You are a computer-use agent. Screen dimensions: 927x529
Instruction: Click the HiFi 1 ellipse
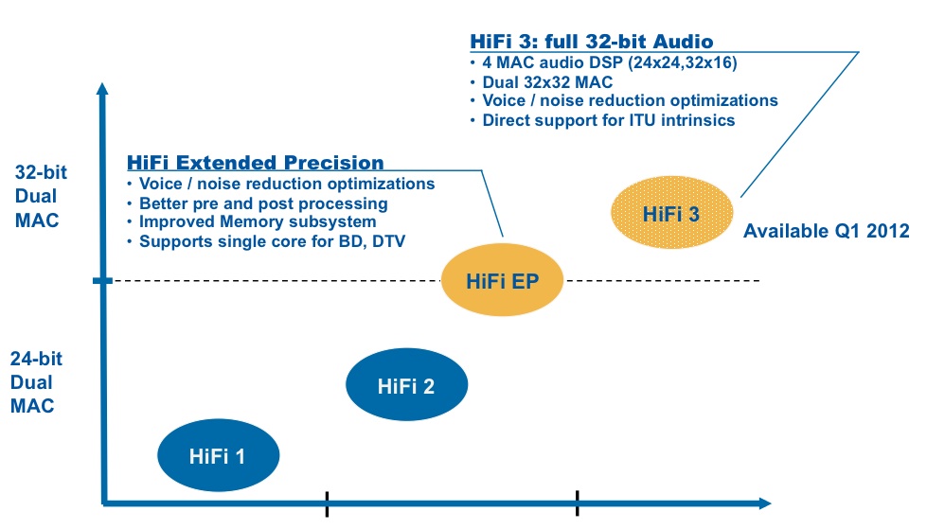click(x=218, y=455)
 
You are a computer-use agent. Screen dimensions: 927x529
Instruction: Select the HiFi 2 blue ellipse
click(x=407, y=384)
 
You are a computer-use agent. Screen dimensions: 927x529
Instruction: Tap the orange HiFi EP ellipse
click(x=502, y=279)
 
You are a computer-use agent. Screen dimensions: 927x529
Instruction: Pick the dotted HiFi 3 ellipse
click(x=671, y=212)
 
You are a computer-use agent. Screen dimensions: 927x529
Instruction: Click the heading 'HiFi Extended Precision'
click(x=256, y=162)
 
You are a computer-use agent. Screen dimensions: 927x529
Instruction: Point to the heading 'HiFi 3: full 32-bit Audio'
click(x=591, y=42)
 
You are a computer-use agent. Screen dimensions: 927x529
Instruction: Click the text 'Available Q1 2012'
click(x=826, y=231)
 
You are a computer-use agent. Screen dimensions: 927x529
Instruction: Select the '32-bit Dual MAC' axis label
click(x=40, y=196)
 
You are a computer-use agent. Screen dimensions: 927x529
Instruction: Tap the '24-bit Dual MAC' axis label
click(x=36, y=382)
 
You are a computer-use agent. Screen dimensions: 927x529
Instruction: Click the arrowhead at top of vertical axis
click(x=102, y=88)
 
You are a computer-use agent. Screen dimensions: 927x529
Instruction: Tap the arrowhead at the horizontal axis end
click(x=765, y=503)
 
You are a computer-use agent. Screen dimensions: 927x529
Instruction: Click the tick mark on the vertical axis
click(x=102, y=280)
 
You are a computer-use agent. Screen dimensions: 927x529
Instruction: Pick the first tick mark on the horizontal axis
click(x=327, y=503)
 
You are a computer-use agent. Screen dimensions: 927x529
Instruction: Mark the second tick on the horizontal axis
click(x=577, y=503)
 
